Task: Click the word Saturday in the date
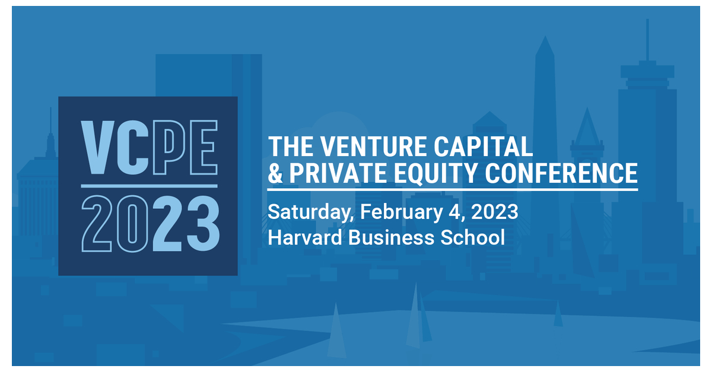coord(310,211)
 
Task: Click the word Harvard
coord(305,238)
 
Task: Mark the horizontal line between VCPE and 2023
coord(148,186)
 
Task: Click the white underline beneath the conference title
coord(452,189)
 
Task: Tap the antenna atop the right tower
coord(647,39)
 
